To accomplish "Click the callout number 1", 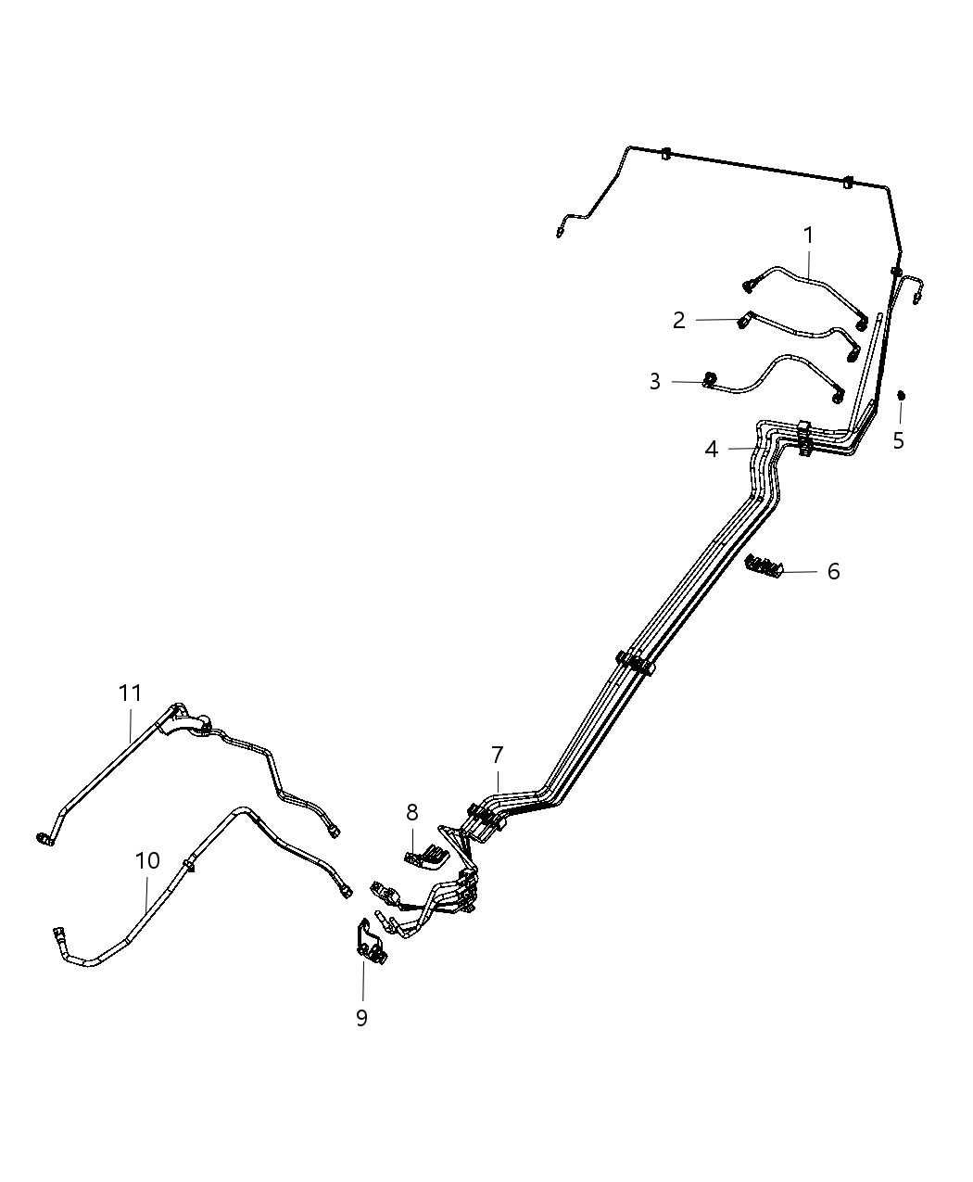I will tap(808, 235).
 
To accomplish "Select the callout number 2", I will tap(679, 321).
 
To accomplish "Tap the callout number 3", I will tap(655, 382).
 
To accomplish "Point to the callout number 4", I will tap(711, 450).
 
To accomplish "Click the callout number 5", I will tap(898, 440).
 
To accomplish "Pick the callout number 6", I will tap(833, 572).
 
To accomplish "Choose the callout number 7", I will tap(498, 755).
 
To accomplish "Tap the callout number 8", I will tap(411, 813).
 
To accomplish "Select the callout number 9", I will tap(361, 1018).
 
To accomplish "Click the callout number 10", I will tap(147, 860).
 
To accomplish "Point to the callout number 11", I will tap(131, 693).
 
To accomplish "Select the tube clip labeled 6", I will tap(764, 565).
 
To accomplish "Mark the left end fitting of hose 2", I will tap(744, 321).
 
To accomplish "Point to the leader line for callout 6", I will tap(802, 572).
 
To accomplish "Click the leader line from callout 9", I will tap(363, 983).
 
